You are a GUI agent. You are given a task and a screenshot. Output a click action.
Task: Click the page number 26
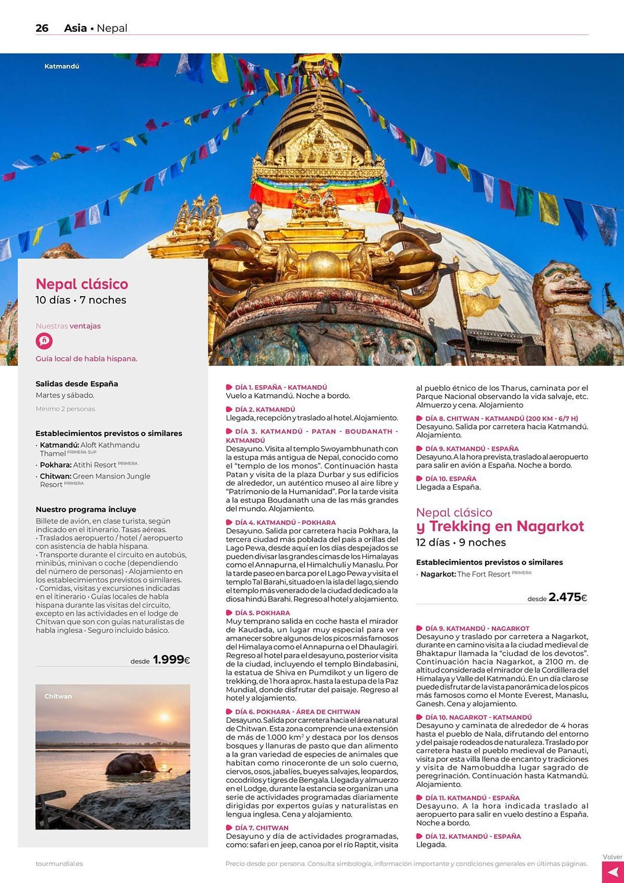pos(42,28)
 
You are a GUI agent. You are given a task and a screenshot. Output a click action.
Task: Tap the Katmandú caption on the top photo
pos(62,66)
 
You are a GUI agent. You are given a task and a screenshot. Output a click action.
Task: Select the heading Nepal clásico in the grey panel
pos(82,284)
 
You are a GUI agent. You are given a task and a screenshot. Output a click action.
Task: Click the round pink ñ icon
pos(44,341)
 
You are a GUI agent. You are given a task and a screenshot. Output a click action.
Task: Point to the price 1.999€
pos(171,660)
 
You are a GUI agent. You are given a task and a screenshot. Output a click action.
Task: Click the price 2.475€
pos(568,597)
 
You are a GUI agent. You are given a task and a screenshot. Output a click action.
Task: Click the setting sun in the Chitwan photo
pos(164,717)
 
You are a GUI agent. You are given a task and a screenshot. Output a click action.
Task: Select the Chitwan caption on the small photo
pos(58,696)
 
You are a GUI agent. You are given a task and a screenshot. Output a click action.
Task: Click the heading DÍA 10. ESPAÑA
pos(451,479)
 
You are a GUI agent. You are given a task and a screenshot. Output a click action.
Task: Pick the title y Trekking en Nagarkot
pos(500,526)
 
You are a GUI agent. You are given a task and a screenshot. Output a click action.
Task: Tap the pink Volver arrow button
pos(613,872)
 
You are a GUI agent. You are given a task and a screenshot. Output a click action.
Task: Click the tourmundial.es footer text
pos(59,864)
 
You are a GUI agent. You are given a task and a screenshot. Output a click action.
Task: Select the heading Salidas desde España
pos(77,384)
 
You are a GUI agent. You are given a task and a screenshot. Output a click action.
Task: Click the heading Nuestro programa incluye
pos(86,509)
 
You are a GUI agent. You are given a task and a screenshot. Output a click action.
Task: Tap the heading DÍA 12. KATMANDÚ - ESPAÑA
pos(473,836)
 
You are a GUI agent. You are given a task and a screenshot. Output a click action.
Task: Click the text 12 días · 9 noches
pos(461,542)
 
